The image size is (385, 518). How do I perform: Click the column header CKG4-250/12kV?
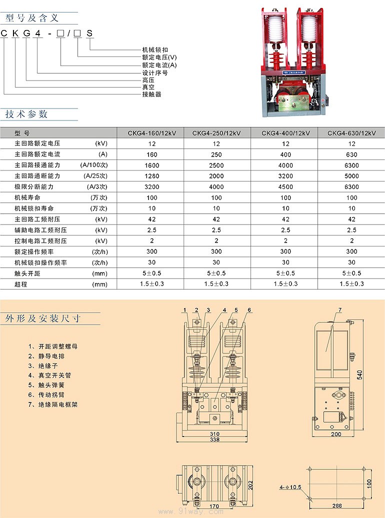pyautogui.click(x=216, y=133)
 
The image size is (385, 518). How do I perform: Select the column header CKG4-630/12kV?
pyautogui.click(x=351, y=133)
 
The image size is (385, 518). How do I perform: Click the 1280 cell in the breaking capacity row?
pyautogui.click(x=152, y=176)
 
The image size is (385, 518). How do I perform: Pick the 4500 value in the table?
pyautogui.click(x=285, y=187)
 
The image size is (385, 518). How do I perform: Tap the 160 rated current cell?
pyautogui.click(x=152, y=154)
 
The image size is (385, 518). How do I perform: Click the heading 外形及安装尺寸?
pyautogui.click(x=42, y=318)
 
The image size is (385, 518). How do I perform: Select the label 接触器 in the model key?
pyautogui.click(x=152, y=94)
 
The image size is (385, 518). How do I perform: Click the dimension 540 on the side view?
pyautogui.click(x=359, y=375)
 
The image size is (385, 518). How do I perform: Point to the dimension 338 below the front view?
pyautogui.click(x=214, y=439)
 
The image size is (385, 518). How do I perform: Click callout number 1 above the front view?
pyautogui.click(x=185, y=310)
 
